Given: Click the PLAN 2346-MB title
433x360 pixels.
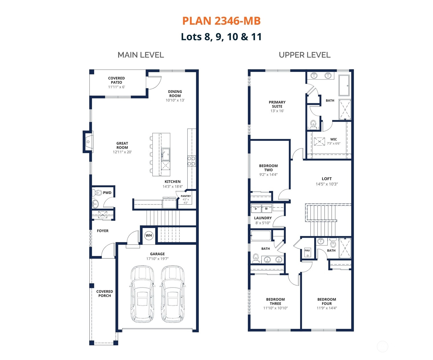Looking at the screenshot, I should [x=221, y=21].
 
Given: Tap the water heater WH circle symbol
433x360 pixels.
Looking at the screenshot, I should [x=149, y=235].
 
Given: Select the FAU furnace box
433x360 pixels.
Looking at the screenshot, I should [x=307, y=252].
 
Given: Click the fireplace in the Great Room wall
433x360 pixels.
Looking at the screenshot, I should [x=88, y=142].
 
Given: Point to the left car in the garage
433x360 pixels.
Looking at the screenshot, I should [x=142, y=294].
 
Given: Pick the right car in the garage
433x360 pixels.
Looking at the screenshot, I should [x=172, y=294].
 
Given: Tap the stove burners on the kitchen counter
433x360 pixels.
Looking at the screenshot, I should [x=191, y=161].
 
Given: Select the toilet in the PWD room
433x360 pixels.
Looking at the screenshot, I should [x=98, y=193].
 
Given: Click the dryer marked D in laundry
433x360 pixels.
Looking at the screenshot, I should [x=256, y=209].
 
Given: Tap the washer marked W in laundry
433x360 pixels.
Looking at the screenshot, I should [x=266, y=209].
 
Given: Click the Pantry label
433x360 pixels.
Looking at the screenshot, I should [x=186, y=196].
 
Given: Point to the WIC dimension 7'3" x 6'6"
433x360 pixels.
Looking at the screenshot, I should [x=333, y=144].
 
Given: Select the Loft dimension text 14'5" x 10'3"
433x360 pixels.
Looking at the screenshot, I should [x=327, y=184].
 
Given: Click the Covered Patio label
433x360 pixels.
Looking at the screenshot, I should [x=116, y=80].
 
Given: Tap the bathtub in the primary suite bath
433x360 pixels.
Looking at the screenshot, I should [x=344, y=85].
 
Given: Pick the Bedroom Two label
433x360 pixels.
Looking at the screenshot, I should [x=268, y=168].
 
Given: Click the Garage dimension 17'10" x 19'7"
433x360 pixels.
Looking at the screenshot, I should [x=157, y=259].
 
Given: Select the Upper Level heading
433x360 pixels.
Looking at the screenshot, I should [x=304, y=55].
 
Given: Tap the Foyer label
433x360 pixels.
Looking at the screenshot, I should [x=103, y=231].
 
